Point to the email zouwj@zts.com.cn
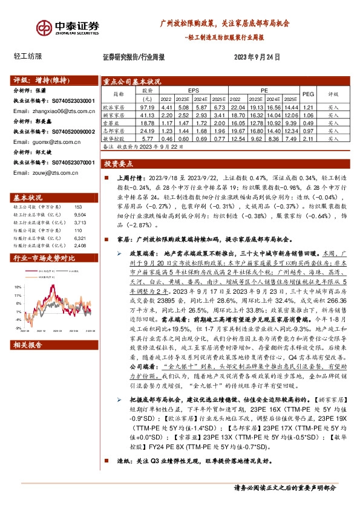41,171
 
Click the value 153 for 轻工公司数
77,207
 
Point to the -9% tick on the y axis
19,328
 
